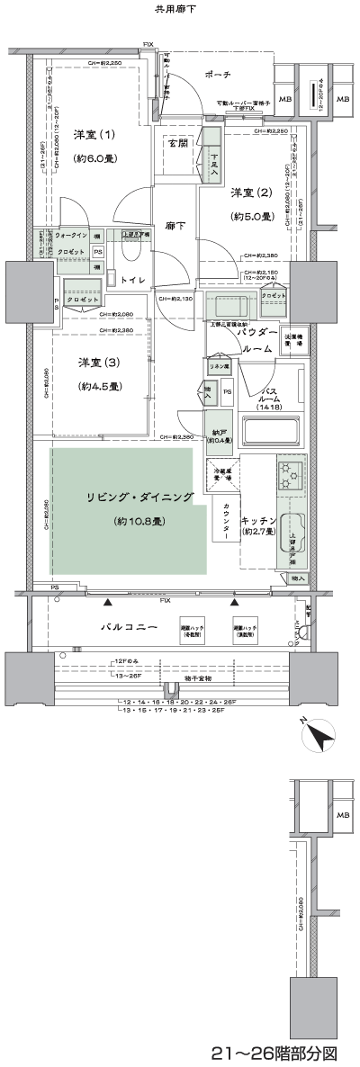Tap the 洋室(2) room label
[251, 192]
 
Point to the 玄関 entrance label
[177, 143]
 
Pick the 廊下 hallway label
[175, 227]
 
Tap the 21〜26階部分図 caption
[285, 1052]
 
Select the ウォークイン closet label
[71, 236]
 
